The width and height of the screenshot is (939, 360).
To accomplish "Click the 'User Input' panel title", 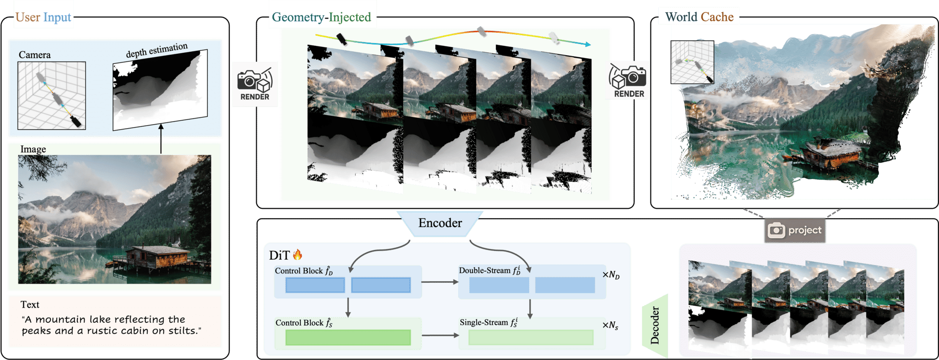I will coord(43,18).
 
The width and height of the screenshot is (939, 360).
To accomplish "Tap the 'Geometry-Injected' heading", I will coord(321,18).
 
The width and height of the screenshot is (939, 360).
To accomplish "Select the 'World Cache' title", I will coord(699,17).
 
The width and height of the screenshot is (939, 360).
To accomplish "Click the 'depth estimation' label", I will coord(156,50).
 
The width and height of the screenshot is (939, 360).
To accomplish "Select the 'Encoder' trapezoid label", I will coord(440,223).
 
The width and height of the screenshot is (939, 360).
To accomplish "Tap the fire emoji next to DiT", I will coord(297,255).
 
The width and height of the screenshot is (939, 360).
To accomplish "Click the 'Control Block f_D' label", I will coord(304,271).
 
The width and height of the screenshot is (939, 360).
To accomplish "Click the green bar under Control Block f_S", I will coord(348,337).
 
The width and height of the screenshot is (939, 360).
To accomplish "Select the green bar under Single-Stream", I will coord(531,337).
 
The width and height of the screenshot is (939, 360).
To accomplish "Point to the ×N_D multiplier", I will coord(611,275).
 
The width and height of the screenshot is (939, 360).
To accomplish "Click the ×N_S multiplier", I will coord(610,326).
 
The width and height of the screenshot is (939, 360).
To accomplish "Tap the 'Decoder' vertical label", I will coord(655,325).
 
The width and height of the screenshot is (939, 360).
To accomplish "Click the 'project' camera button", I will coord(795,230).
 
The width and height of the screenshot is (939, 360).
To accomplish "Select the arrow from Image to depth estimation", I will coord(161,139).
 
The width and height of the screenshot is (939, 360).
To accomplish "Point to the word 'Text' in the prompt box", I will coord(30,305).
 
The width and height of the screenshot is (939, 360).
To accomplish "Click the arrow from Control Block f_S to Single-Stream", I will coord(440,335).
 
